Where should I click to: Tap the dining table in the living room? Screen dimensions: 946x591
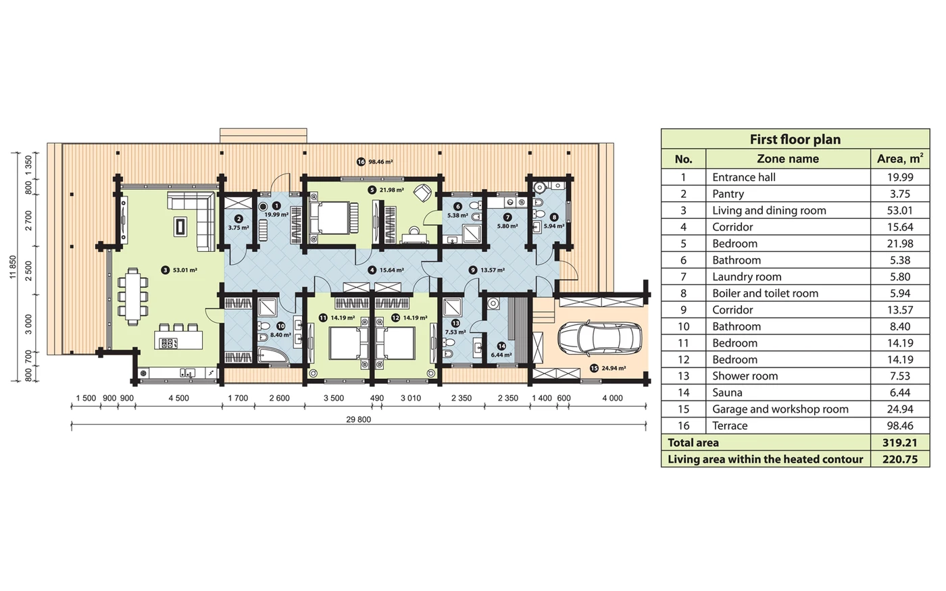click(x=132, y=297)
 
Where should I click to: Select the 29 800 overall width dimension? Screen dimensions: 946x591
click(x=359, y=419)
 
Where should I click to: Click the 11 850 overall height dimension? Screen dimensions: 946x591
click(x=13, y=267)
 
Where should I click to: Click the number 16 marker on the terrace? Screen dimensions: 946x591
click(x=361, y=161)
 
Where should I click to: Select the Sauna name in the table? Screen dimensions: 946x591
click(x=727, y=392)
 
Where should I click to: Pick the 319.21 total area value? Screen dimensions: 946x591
click(x=900, y=442)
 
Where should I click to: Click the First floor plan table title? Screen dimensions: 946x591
click(x=795, y=139)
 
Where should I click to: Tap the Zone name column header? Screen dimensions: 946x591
click(x=788, y=159)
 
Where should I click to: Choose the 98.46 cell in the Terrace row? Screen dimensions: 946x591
click(x=900, y=426)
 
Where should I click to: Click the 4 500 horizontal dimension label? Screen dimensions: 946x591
click(x=178, y=398)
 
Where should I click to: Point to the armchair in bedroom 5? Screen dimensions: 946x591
click(x=422, y=193)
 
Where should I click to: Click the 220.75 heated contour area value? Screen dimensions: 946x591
click(x=900, y=459)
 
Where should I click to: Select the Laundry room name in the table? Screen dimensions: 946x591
click(x=747, y=277)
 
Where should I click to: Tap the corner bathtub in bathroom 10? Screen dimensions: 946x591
click(x=273, y=355)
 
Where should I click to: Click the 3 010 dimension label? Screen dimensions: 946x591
click(x=411, y=398)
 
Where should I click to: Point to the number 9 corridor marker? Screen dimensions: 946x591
click(x=472, y=270)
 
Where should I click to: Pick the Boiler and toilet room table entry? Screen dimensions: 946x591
click(x=765, y=293)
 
